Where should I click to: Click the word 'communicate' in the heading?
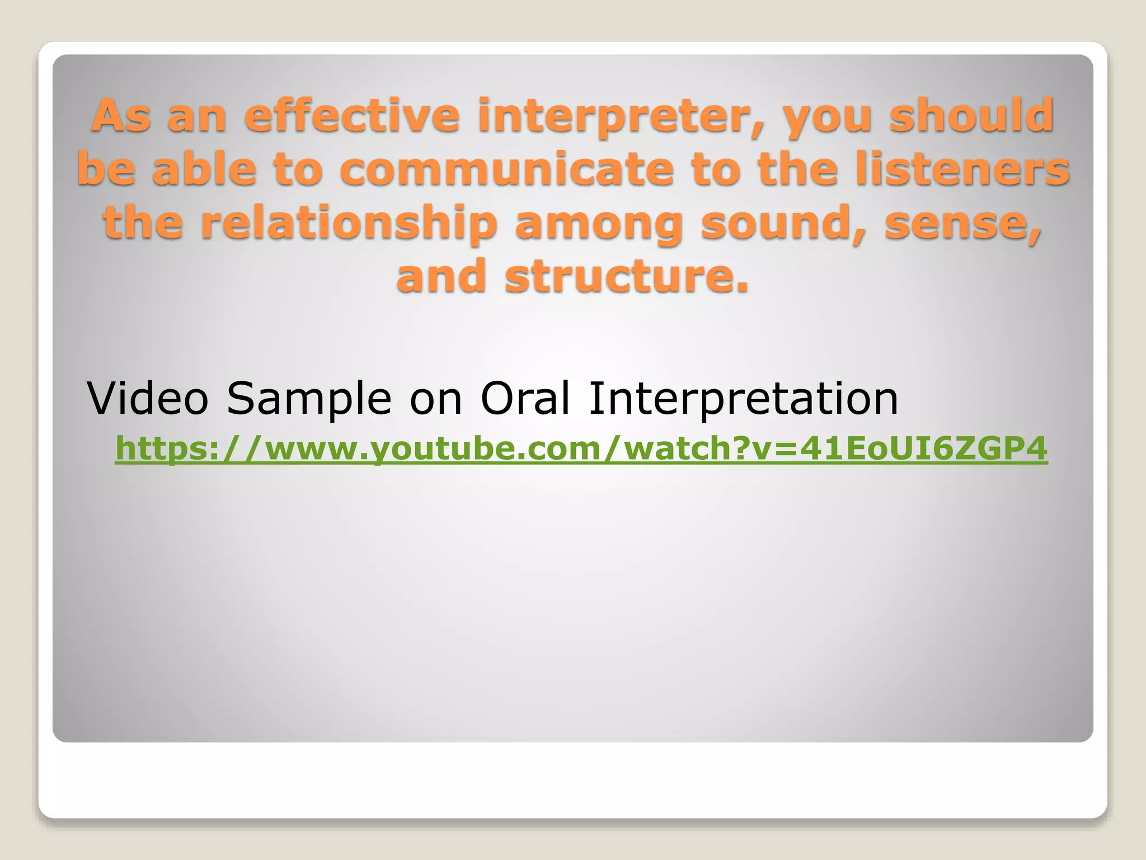pos(506,169)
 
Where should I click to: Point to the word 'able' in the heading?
pos(204,169)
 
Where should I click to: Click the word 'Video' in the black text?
pos(147,398)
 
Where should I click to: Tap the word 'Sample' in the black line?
pos(308,399)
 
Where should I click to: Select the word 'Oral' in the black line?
pos(525,398)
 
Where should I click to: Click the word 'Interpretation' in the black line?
pos(743,399)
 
